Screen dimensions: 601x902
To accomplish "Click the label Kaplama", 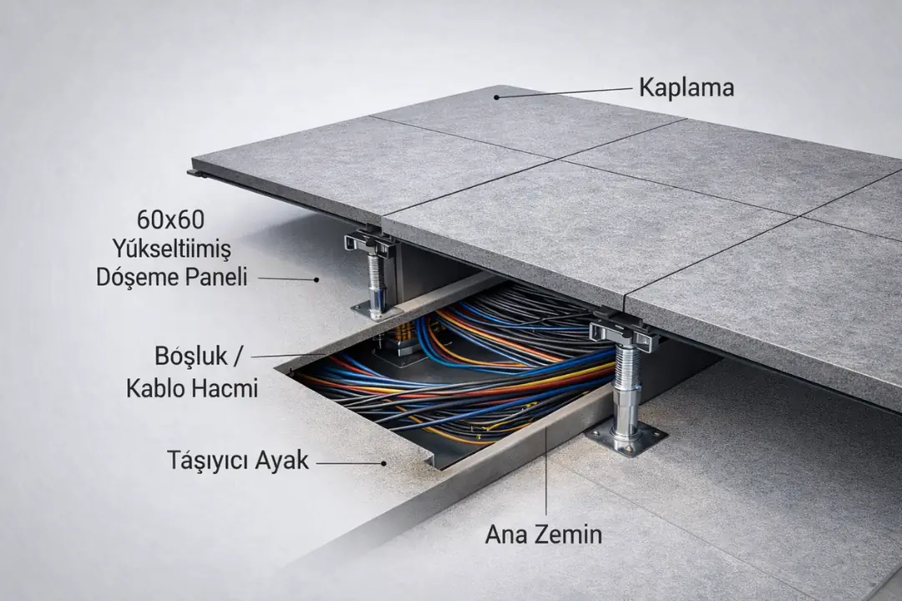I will [x=687, y=88].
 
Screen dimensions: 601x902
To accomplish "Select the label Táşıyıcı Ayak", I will [x=237, y=460].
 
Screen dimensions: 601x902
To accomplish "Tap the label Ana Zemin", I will [x=544, y=533].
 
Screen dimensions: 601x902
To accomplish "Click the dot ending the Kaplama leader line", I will [x=496, y=97].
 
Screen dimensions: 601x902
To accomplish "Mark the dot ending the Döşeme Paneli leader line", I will [x=317, y=279].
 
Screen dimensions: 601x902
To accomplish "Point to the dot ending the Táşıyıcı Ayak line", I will [x=383, y=462].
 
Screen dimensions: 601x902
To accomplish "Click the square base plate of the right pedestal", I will [x=626, y=437].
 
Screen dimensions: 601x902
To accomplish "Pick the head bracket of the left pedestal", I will [x=369, y=243].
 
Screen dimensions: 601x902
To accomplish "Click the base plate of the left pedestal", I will [x=373, y=311].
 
